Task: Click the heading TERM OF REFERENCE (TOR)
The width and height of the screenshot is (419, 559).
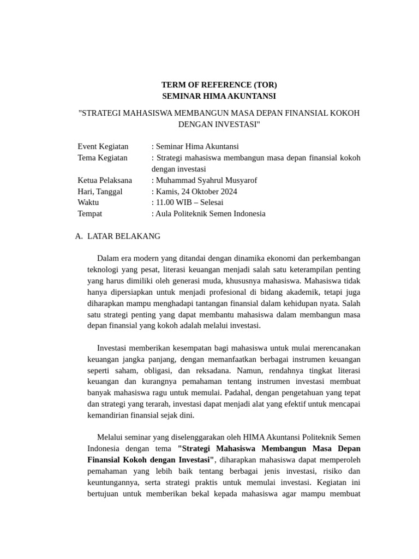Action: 219,85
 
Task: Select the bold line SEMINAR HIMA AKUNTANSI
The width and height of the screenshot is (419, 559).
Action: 219,96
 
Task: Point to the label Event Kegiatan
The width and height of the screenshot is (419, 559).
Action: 103,146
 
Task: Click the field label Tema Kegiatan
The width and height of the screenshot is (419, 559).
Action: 103,158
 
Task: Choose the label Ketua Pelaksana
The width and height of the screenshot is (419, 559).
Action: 105,180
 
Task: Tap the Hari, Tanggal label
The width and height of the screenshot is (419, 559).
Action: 100,192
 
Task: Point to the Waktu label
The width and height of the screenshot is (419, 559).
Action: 88,203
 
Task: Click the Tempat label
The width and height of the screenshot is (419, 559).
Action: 90,214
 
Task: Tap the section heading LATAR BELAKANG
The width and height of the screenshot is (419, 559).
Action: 123,236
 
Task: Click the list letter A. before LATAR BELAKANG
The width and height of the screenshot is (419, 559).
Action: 79,236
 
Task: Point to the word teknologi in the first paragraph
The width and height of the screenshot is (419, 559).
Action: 105,270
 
